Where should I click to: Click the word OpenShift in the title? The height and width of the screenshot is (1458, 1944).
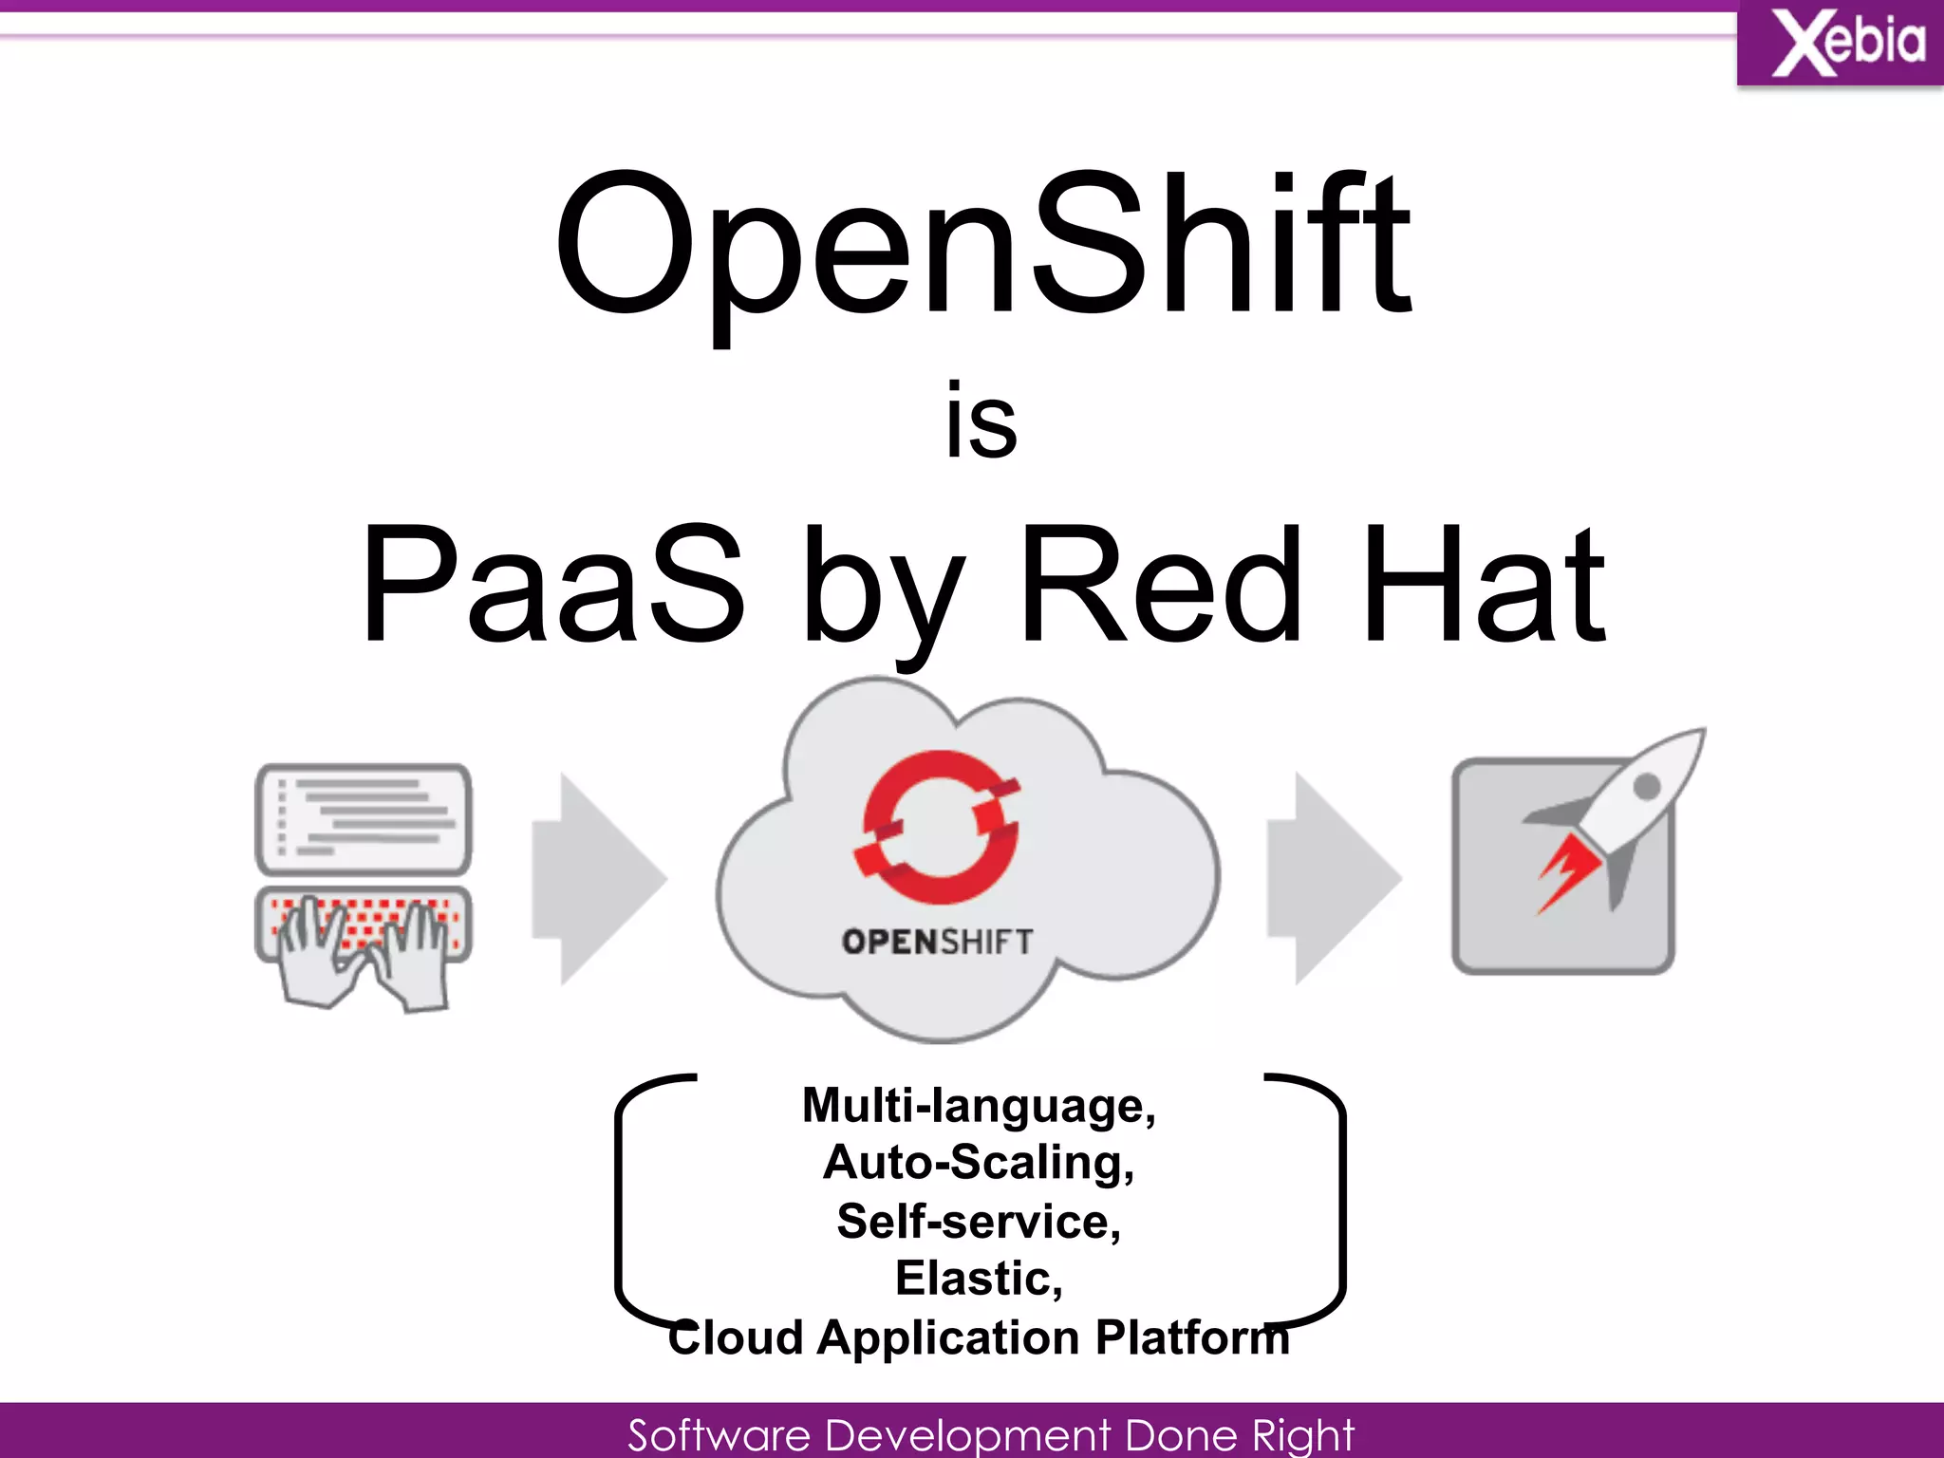983,247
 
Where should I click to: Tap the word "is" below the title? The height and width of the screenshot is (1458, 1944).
981,421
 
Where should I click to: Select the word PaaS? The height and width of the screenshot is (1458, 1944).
552,583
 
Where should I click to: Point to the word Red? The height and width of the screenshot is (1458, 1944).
1160,583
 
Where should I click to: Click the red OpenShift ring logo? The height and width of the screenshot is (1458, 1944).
939,826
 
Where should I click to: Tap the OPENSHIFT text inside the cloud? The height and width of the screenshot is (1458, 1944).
937,942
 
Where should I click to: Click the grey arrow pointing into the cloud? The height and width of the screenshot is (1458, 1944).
597,878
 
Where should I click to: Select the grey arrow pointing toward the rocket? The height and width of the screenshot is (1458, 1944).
1333,878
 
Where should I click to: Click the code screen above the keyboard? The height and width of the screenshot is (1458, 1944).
364,818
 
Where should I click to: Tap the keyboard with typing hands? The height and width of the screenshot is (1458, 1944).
364,935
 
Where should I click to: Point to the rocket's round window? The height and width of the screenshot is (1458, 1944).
1647,786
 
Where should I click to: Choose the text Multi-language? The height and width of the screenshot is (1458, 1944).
979,1106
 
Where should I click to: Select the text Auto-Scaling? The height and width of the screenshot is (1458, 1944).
979,1163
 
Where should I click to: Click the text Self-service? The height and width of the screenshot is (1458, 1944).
979,1222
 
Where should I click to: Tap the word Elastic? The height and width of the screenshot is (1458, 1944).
979,1279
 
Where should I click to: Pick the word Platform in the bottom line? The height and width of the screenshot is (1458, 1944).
1192,1337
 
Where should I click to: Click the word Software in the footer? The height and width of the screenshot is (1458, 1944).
719,1434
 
